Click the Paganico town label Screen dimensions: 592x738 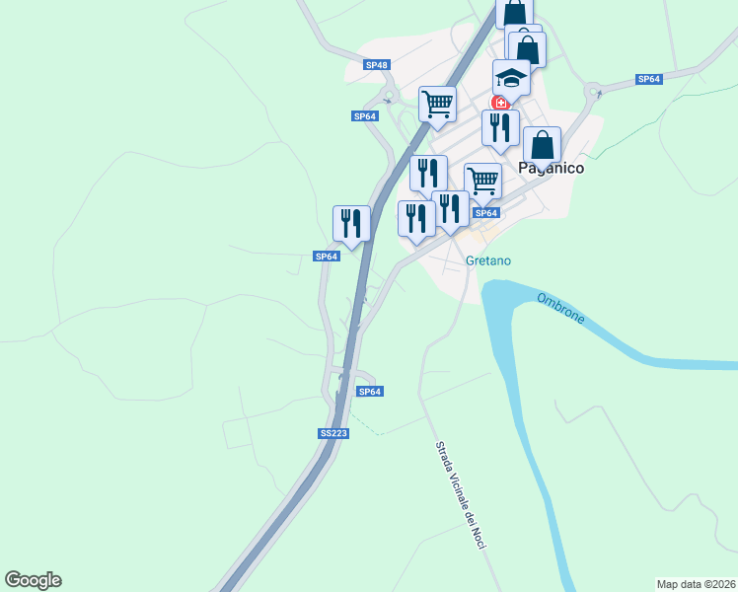tap(551, 169)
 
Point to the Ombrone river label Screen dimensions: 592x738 tap(561, 308)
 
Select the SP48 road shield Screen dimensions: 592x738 tap(377, 65)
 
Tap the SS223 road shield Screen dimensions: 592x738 tap(333, 433)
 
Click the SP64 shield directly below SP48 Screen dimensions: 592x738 tap(365, 116)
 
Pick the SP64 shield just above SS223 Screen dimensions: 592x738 tap(369, 392)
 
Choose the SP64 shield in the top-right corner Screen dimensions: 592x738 tap(648, 79)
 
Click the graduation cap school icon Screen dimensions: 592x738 tap(511, 76)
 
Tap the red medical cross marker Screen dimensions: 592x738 tap(500, 103)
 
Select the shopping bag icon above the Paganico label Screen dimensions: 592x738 tap(542, 144)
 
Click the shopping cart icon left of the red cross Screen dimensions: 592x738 tap(437, 102)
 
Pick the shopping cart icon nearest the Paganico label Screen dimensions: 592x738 tap(482, 180)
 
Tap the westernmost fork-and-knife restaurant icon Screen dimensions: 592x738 tap(351, 222)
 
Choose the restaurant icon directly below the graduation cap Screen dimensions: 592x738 tap(500, 126)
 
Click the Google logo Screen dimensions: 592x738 tap(33, 580)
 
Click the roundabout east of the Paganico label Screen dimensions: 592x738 tap(594, 94)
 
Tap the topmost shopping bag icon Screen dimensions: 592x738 tap(514, 14)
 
